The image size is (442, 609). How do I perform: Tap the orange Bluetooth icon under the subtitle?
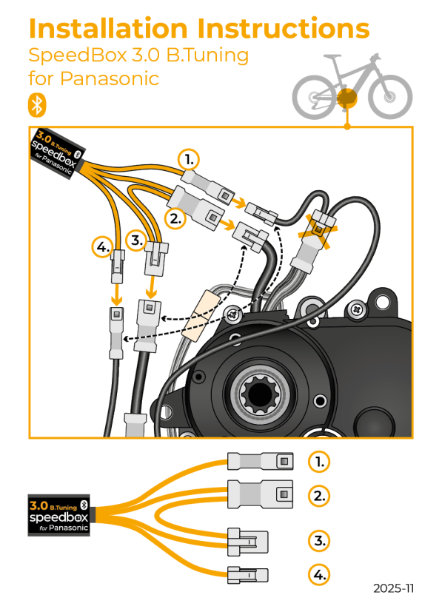tap(36, 104)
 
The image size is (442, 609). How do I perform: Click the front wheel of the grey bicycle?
tap(389, 96)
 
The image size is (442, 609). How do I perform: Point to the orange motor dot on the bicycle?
tap(346, 98)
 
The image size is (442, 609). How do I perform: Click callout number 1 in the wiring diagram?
tap(190, 159)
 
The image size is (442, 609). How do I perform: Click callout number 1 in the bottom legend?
tap(318, 462)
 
